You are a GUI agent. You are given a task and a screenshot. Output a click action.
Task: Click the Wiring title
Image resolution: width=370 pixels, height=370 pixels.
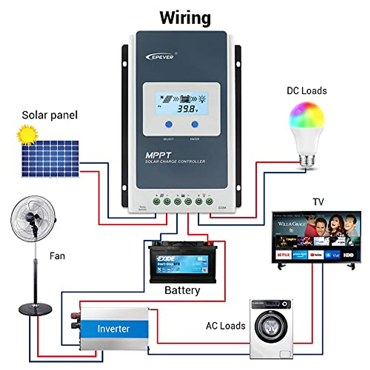coord(185,18)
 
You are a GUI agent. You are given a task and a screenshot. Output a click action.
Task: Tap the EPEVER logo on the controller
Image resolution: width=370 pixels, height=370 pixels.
coord(160,57)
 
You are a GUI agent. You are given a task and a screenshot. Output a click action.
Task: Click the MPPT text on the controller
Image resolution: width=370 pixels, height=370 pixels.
coord(158,155)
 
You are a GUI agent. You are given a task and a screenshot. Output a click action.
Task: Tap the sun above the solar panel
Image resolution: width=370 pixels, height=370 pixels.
coord(27,134)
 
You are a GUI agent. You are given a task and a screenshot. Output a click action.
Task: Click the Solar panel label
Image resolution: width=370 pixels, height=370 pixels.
coord(50,115)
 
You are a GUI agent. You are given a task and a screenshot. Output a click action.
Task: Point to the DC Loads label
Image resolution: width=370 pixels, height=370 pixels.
coord(306,91)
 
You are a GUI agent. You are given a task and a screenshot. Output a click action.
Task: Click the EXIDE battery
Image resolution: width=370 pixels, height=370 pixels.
coord(183,263)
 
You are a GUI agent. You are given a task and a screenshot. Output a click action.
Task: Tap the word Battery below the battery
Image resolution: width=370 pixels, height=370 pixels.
coord(182,290)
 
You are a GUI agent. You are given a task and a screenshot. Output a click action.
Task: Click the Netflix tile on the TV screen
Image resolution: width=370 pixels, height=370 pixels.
coord(283,255)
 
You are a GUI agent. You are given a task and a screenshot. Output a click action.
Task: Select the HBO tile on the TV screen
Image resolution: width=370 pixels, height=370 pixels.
coord(348,255)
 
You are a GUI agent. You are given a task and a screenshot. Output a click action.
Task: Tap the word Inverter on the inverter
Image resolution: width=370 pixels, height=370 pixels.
coord(113,329)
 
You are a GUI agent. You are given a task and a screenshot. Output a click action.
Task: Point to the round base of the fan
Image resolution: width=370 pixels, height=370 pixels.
coord(35,308)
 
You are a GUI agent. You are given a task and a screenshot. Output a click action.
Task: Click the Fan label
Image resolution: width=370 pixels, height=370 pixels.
coord(57,256)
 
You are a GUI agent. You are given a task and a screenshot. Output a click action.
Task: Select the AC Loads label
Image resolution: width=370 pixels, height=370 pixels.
coord(225,326)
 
